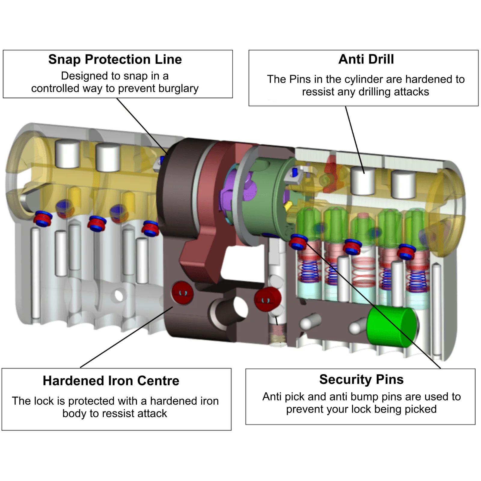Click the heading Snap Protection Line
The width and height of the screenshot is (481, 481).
(115, 60)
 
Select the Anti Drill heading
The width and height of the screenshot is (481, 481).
(366, 59)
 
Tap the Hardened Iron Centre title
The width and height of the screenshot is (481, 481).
(111, 381)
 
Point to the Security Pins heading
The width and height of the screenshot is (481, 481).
(361, 379)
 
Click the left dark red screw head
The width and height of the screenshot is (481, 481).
(182, 293)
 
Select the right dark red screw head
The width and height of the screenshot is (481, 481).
(267, 299)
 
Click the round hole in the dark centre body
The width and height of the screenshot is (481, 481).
(240, 308)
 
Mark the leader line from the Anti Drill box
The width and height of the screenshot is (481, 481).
(355, 140)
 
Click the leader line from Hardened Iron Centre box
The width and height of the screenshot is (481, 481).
(126, 337)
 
